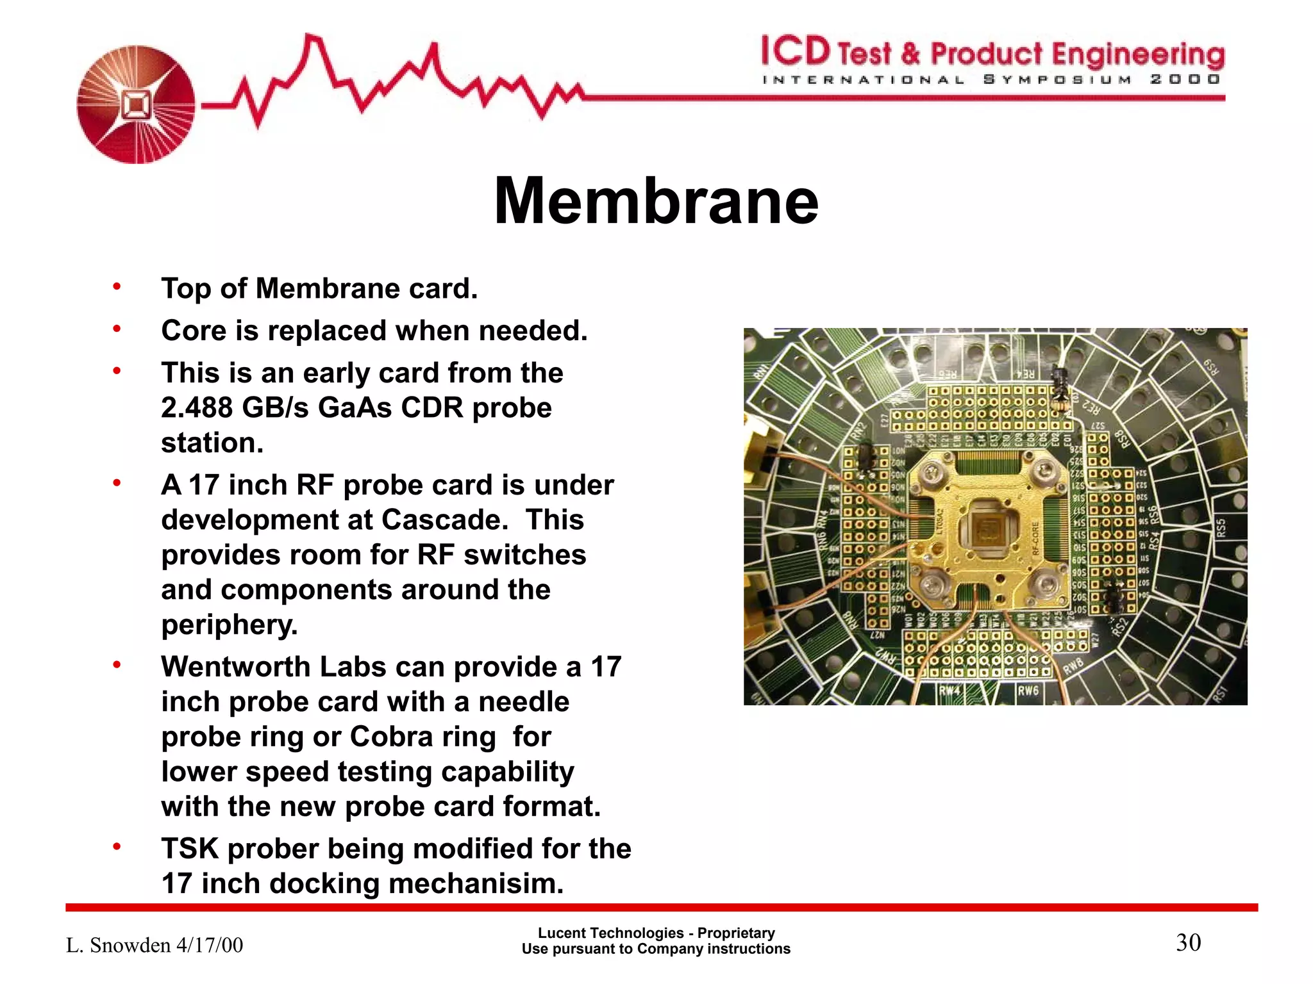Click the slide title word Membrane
656,201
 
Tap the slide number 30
1188,943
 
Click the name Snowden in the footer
130,946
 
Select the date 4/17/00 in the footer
210,946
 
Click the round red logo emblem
136,104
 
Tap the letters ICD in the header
796,51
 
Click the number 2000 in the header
1185,79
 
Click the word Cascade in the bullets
440,520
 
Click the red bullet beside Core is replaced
117,329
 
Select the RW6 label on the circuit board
1028,691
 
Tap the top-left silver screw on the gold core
929,474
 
